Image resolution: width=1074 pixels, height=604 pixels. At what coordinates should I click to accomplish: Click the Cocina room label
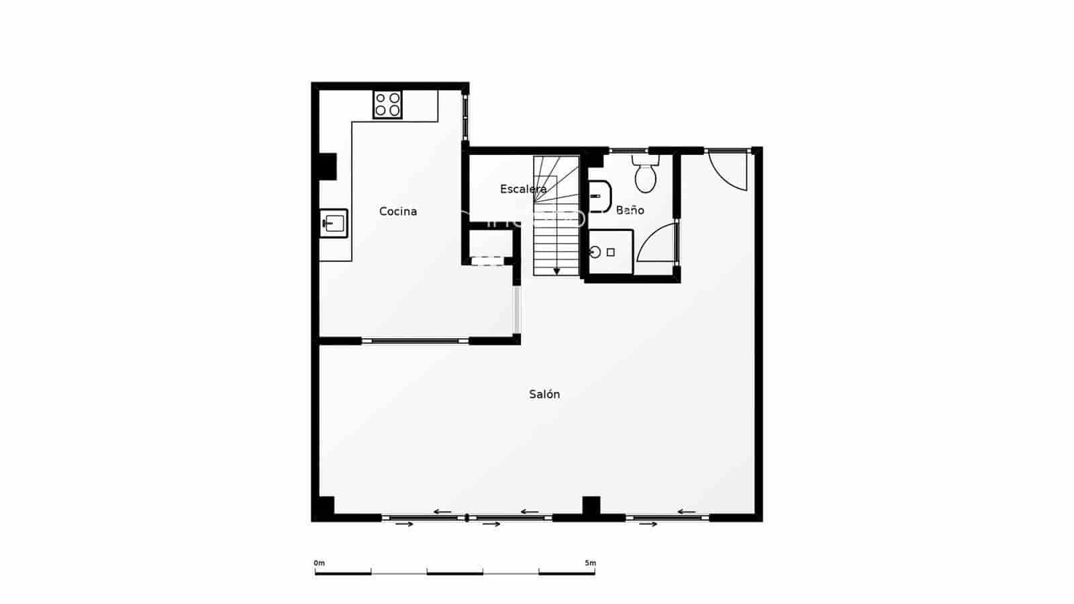point(398,211)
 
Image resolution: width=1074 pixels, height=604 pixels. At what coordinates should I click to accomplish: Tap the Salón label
point(544,395)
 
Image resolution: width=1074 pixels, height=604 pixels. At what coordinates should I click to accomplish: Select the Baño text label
point(630,210)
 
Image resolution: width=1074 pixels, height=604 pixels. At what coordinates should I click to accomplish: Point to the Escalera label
point(523,189)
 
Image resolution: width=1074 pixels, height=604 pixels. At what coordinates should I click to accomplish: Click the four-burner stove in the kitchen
point(387,105)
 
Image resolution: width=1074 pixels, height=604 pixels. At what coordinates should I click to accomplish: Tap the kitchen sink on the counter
point(334,223)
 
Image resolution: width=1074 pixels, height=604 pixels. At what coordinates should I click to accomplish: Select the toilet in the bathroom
point(646,174)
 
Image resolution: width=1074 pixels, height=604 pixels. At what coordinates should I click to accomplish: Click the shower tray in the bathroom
point(611,252)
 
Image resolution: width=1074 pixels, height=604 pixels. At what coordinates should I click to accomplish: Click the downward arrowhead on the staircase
point(556,271)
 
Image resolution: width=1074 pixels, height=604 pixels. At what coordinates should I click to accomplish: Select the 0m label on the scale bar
point(319,563)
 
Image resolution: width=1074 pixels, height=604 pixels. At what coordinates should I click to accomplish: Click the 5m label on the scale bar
point(589,563)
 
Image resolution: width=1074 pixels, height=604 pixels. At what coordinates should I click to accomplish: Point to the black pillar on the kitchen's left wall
point(328,166)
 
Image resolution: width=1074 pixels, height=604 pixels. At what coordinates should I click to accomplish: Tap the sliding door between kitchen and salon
point(415,341)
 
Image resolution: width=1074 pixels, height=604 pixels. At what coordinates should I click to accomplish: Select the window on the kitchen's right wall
point(465,117)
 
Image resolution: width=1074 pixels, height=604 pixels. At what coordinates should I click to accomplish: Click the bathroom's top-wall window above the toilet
point(628,150)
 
